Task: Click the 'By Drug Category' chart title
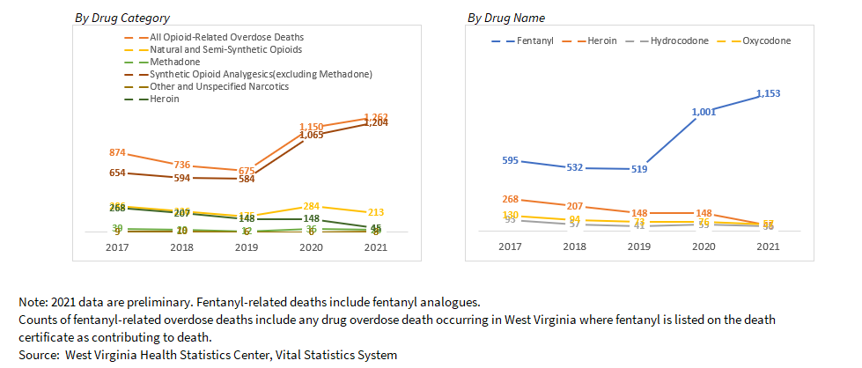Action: pyautogui.click(x=122, y=18)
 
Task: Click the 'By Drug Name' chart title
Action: pyautogui.click(x=505, y=18)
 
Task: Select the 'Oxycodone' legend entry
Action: pyautogui.click(x=767, y=41)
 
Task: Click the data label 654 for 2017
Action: pyautogui.click(x=117, y=173)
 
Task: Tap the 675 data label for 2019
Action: pyautogui.click(x=247, y=171)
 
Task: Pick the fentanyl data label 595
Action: pyautogui.click(x=509, y=160)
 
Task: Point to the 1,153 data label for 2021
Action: pyautogui.click(x=769, y=92)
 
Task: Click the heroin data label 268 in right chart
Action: pyautogui.click(x=509, y=199)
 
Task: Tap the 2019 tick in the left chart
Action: pyautogui.click(x=247, y=247)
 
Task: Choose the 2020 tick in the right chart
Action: pyautogui.click(x=704, y=247)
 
